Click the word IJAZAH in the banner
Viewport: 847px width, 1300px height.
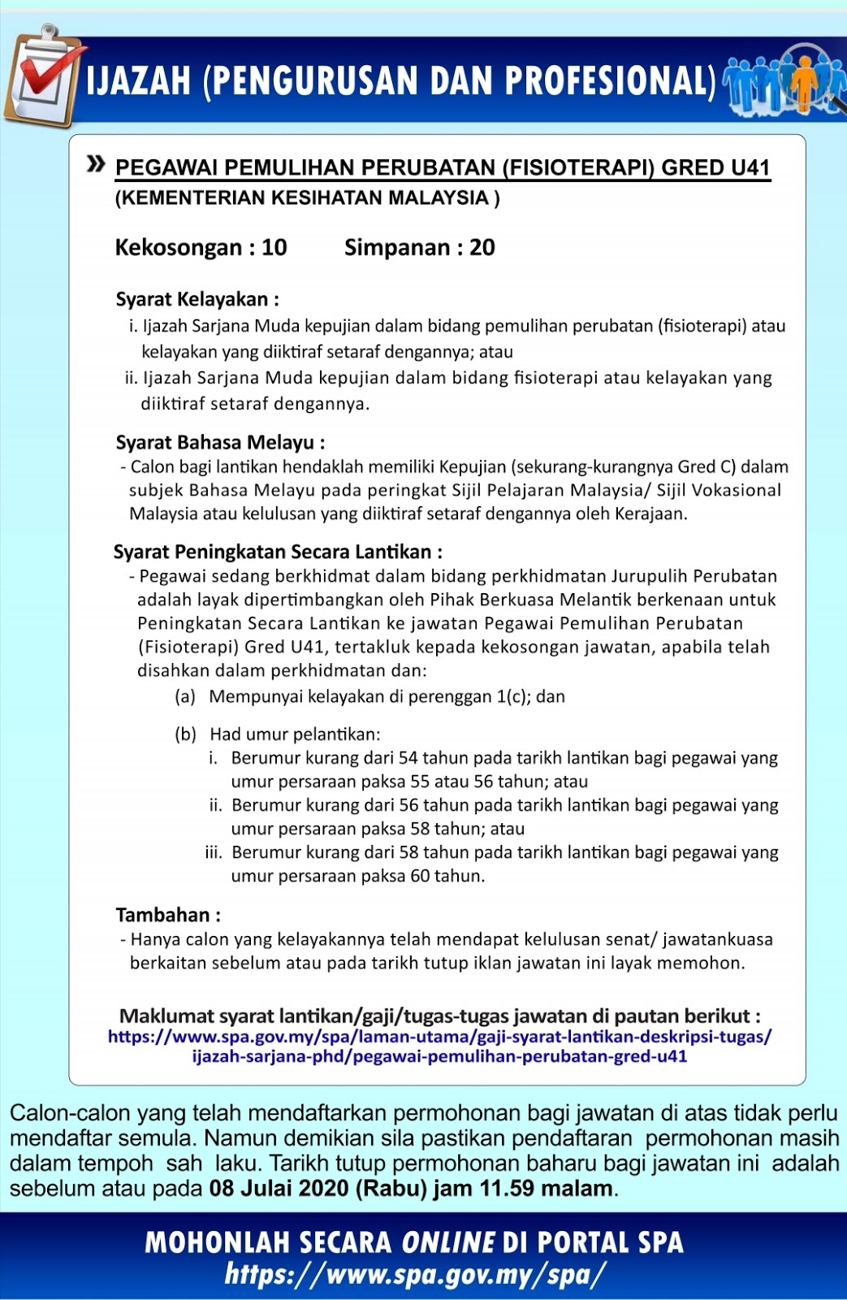138,80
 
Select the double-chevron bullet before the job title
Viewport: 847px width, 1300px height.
97,165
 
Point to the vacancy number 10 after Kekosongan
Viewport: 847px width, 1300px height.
274,248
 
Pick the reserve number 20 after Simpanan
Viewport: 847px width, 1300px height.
482,248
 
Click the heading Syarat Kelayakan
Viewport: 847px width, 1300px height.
197,300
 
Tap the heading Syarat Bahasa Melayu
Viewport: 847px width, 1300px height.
220,443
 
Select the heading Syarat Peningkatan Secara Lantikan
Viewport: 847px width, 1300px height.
278,552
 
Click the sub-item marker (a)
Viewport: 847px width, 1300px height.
185,696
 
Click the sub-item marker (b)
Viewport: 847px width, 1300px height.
186,734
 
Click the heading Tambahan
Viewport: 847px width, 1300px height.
168,915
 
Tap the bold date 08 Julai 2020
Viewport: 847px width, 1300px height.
279,1189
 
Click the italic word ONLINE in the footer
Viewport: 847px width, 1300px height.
448,1242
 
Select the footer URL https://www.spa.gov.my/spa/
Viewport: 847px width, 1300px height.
415,1274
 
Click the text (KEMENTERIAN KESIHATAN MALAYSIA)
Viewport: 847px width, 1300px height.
307,198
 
